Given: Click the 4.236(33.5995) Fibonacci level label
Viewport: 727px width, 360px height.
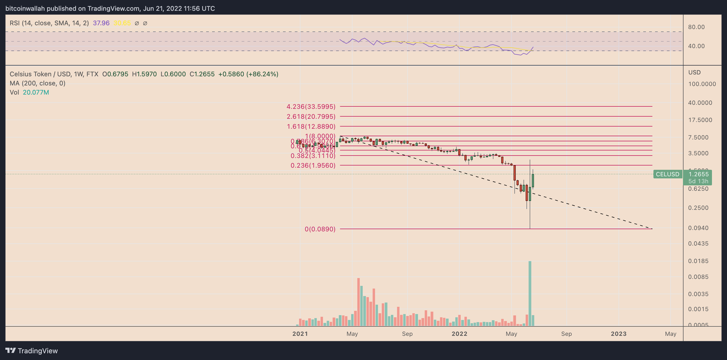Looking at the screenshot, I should (x=311, y=106).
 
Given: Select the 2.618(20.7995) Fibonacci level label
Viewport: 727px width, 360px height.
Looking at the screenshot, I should (x=311, y=116).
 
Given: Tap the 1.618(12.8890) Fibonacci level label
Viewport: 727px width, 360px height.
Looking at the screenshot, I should (x=311, y=126).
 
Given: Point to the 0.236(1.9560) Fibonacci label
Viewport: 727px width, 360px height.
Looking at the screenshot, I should (x=313, y=165).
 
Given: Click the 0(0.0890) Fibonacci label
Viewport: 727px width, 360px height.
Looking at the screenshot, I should (x=320, y=229).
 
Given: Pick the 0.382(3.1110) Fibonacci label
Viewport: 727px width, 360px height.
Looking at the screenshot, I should (x=313, y=156).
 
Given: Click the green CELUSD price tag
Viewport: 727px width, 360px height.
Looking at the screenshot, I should (x=667, y=174).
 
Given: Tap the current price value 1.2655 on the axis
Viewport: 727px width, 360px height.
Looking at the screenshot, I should (x=698, y=174).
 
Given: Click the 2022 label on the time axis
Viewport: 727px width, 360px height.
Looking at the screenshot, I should (x=459, y=334).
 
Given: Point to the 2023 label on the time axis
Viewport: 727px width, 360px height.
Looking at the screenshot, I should (x=618, y=334).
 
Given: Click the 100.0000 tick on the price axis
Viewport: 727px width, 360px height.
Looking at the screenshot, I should (x=701, y=84).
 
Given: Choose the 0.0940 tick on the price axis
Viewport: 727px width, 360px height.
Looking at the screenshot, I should (x=698, y=228).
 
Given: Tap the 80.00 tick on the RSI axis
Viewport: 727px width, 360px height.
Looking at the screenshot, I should (x=696, y=27).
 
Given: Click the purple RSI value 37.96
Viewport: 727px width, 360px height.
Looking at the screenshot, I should (x=101, y=23).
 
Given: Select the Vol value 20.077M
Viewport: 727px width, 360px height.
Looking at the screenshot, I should (x=36, y=92).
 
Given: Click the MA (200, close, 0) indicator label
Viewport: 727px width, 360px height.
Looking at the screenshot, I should (x=38, y=83).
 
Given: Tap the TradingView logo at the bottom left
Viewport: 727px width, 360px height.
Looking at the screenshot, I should (x=31, y=350).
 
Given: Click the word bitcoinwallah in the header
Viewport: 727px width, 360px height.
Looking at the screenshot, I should (x=25, y=9).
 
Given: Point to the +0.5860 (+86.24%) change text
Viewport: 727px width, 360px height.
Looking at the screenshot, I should (x=248, y=74).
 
